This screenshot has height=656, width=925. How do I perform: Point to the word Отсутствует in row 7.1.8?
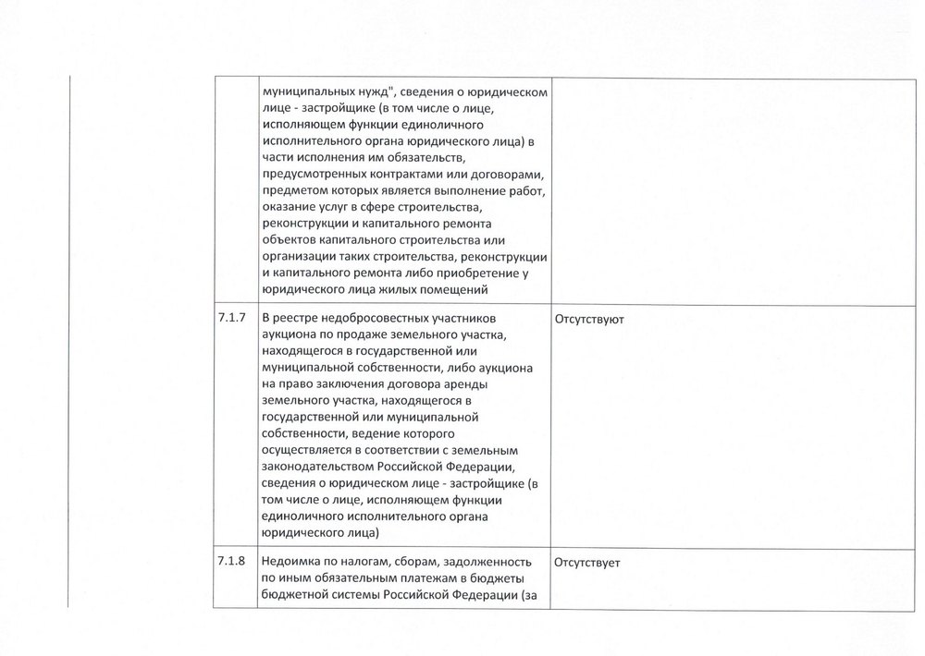(587, 561)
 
